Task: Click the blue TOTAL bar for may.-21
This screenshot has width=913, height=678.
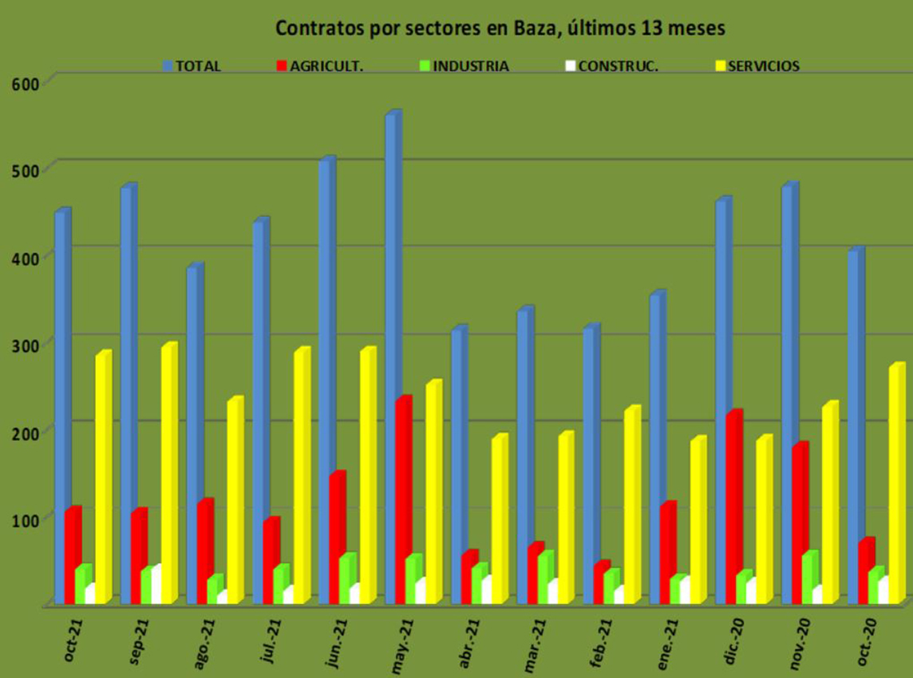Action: click(x=391, y=359)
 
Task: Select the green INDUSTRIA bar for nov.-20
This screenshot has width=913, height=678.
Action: click(x=808, y=578)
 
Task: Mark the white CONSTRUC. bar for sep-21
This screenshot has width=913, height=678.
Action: click(x=156, y=586)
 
